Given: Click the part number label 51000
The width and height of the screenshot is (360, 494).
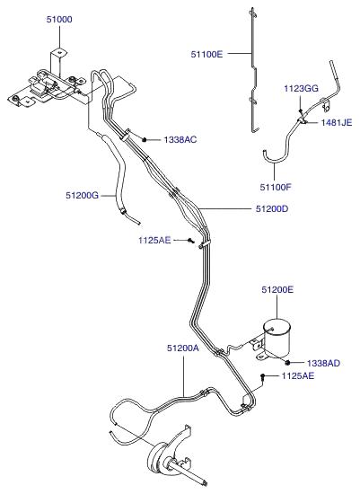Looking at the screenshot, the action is (59, 20).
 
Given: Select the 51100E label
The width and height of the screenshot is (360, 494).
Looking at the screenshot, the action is (206, 54).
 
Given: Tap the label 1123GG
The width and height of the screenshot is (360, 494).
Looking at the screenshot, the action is (301, 89).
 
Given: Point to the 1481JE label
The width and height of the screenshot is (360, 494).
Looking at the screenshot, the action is (337, 122).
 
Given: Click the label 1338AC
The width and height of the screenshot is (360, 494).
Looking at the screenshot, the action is (180, 139).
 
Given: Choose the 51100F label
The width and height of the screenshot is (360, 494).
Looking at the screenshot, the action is (276, 187).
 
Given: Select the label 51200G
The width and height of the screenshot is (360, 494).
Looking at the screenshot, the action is (83, 195).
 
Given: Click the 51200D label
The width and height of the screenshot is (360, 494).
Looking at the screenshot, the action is (272, 208).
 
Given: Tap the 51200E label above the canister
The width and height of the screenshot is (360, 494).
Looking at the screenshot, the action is (277, 289).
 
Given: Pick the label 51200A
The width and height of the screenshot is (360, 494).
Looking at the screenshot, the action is (183, 348).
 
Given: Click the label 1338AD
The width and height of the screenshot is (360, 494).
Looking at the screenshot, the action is (323, 363).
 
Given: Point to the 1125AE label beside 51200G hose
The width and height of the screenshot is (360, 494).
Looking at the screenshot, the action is (154, 241).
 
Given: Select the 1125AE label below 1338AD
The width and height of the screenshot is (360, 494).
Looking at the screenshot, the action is (298, 375).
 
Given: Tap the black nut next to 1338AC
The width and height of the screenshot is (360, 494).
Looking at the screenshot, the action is (145, 139).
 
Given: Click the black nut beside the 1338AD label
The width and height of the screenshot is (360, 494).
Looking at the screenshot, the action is (287, 363).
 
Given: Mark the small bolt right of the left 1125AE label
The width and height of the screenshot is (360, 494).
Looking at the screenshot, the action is (190, 241).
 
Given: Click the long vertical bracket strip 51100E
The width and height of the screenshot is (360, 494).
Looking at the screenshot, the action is (253, 69).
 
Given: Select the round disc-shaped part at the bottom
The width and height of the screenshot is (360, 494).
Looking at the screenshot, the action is (158, 459).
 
